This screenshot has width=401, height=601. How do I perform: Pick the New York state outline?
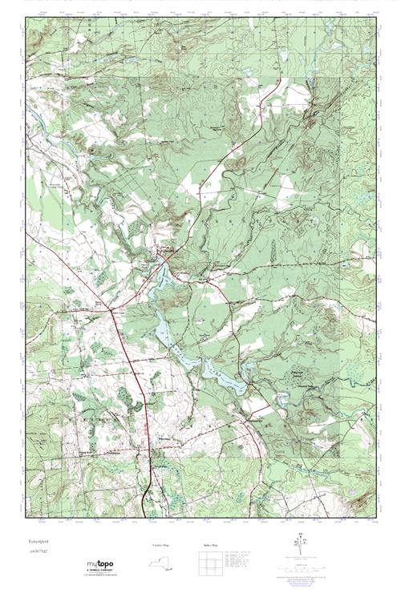[161, 564]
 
